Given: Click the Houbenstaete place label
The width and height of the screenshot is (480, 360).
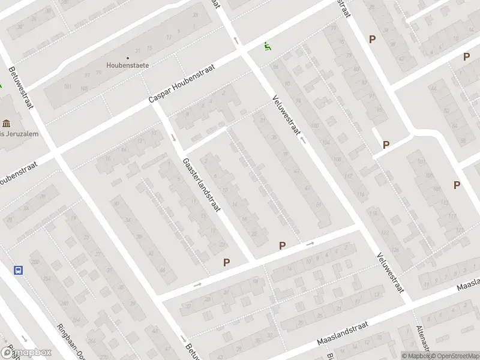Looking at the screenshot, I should (x=127, y=65).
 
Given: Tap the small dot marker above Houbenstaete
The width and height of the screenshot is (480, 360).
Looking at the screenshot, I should (x=127, y=58).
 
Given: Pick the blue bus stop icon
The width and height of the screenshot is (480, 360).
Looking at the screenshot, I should (x=19, y=270).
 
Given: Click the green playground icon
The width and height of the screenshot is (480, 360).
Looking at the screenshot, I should (x=267, y=46).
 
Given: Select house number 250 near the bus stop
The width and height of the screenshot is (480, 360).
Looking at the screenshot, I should (x=34, y=263).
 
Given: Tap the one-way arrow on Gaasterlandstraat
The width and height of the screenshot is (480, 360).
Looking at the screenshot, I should (x=173, y=137).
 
